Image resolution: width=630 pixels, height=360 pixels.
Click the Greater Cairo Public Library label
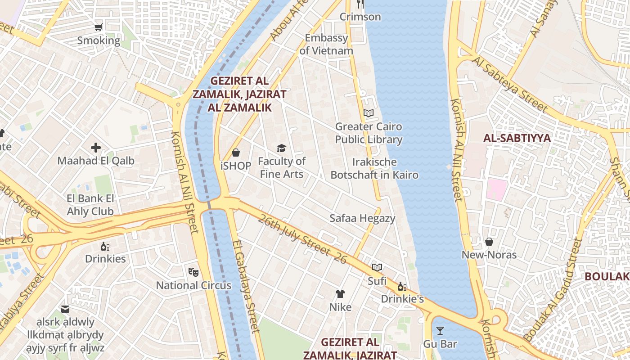click(x=369, y=133)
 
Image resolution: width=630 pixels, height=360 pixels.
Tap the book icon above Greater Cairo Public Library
click(x=369, y=113)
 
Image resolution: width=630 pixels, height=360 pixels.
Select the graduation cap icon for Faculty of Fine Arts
click(x=281, y=148)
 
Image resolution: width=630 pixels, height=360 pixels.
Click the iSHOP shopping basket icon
click(x=235, y=153)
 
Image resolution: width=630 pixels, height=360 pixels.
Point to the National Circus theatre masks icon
click(x=193, y=271)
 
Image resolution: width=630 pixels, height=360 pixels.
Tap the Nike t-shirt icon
click(x=340, y=294)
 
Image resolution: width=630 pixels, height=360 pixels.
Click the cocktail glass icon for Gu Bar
click(x=440, y=331)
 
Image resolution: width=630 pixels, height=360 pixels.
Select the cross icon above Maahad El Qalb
click(x=96, y=147)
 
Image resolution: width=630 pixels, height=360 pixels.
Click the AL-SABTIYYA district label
click(x=517, y=138)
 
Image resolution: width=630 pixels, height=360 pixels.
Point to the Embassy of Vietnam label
click(x=326, y=44)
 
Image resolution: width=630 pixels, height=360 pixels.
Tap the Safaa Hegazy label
click(x=362, y=218)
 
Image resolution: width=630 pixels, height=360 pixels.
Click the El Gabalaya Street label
click(x=246, y=286)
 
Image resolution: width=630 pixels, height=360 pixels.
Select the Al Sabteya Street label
click(x=510, y=84)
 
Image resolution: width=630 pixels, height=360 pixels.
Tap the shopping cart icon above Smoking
click(x=99, y=27)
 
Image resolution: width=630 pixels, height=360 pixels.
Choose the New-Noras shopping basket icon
click(x=489, y=242)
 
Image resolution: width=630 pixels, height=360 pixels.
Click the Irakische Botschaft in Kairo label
click(x=374, y=168)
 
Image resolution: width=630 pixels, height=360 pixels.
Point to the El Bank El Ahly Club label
click(x=90, y=205)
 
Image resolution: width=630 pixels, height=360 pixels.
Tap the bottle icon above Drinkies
click(x=105, y=246)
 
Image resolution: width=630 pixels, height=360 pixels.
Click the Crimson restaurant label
click(x=360, y=17)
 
